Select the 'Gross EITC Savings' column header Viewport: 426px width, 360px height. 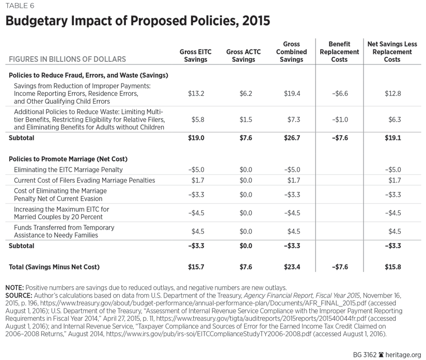pos(196,56)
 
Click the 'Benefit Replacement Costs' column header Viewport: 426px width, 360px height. pos(339,52)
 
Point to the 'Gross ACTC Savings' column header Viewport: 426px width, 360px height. pos(243,56)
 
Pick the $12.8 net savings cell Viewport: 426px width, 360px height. pos(393,93)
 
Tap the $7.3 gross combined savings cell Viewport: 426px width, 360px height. pos(293,119)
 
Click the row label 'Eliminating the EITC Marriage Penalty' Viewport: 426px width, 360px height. pos(68,170)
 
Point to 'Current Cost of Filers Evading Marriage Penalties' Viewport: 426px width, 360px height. pos(84,181)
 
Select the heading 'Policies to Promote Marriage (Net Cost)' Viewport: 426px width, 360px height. pos(68,159)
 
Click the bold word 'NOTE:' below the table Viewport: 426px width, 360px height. pos(14,287)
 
